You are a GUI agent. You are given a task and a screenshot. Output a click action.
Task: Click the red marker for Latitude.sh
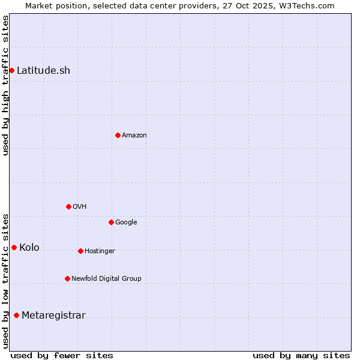click(x=11, y=70)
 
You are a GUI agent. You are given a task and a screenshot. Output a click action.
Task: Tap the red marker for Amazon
click(x=118, y=135)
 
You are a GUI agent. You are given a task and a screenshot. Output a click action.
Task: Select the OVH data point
click(x=68, y=206)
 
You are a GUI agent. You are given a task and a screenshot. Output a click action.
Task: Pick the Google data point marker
click(x=111, y=222)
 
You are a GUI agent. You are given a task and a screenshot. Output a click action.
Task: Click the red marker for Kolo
click(x=14, y=247)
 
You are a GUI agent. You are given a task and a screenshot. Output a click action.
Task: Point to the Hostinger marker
click(x=80, y=251)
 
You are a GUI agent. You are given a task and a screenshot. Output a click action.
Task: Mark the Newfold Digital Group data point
click(x=67, y=278)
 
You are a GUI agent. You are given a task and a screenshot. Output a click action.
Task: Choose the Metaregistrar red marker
click(x=16, y=315)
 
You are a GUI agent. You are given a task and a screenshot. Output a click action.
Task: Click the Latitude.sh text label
click(x=43, y=70)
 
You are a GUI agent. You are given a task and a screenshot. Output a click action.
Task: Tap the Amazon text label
click(x=134, y=135)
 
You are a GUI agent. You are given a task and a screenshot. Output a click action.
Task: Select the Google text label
click(x=126, y=222)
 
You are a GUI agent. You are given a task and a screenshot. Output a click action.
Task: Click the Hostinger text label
click(x=100, y=251)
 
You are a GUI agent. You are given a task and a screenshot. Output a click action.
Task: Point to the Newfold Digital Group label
click(x=106, y=278)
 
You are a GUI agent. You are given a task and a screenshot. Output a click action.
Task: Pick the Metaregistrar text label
click(x=53, y=315)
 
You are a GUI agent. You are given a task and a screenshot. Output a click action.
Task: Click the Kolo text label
click(x=29, y=247)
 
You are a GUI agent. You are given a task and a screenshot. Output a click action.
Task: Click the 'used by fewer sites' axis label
click(x=62, y=355)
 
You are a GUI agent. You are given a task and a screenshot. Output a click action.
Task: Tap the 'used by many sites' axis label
click(x=301, y=355)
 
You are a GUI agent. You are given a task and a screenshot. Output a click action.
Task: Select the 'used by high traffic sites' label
click(x=5, y=85)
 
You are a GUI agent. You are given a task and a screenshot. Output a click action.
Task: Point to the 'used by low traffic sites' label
click(x=5, y=280)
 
